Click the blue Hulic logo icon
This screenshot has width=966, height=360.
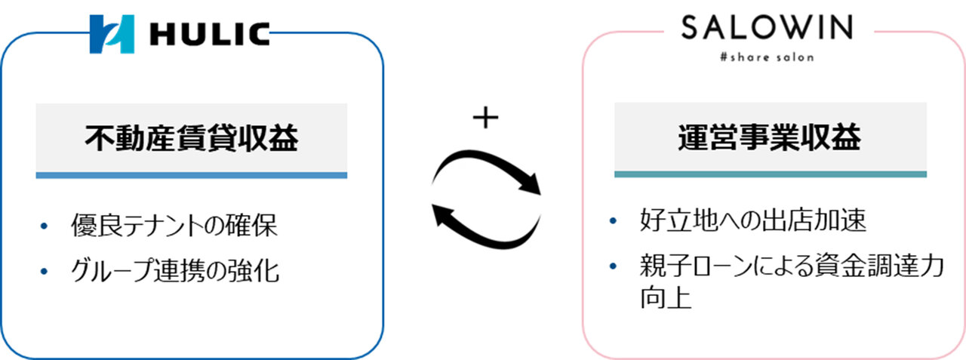[112, 34]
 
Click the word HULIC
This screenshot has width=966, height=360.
[210, 35]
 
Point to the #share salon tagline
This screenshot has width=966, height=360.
[767, 57]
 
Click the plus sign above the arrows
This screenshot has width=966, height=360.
[485, 117]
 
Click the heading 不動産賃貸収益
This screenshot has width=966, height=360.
[191, 138]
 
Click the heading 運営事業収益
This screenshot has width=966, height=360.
[770, 137]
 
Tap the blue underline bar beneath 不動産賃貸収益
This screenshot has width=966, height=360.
[192, 176]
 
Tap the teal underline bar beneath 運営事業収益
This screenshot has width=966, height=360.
[771, 174]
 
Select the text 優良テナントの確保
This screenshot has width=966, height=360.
[174, 225]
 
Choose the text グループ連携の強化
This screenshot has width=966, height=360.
[174, 271]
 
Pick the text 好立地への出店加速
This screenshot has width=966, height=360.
[753, 220]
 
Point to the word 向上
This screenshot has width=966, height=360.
[666, 297]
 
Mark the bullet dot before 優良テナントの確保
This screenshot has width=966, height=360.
[44, 226]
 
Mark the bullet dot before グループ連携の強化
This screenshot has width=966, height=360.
[44, 271]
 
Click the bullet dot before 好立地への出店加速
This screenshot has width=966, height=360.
[613, 220]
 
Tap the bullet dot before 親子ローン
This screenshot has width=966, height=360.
[613, 266]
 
